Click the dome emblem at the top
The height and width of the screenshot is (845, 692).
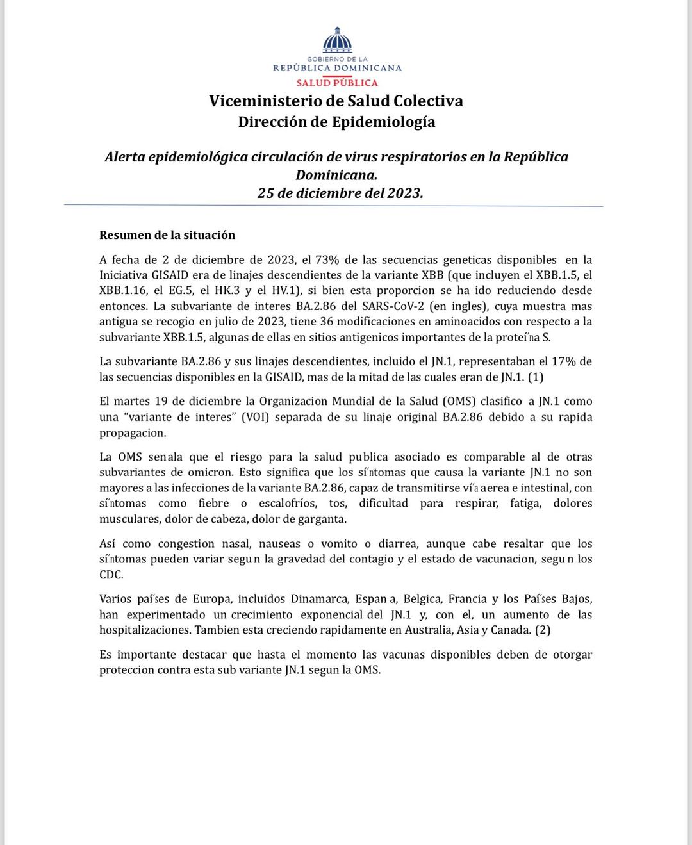click(x=337, y=40)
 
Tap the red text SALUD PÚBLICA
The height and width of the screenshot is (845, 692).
click(x=337, y=83)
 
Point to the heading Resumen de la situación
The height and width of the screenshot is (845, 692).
click(x=167, y=235)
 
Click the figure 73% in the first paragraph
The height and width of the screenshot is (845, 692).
click(x=327, y=259)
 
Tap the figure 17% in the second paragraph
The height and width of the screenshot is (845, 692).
click(x=564, y=361)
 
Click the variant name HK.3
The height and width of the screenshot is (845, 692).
click(x=228, y=291)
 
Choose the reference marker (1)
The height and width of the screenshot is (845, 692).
click(x=536, y=377)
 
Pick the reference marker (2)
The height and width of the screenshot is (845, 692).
click(x=543, y=630)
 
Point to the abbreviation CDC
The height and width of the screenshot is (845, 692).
click(x=111, y=575)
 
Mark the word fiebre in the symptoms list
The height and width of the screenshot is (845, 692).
click(x=213, y=504)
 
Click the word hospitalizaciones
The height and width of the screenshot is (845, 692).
click(x=145, y=630)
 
